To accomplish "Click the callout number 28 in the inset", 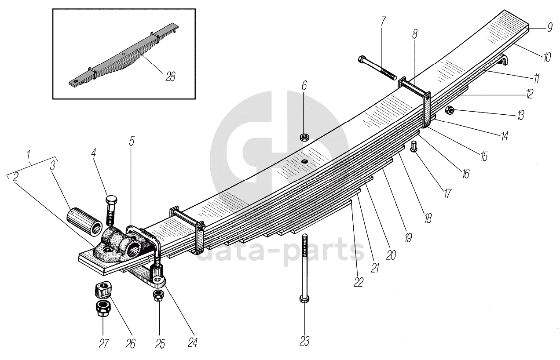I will pyautogui.click(x=170, y=76).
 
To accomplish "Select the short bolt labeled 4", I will pyautogui.click(x=110, y=210).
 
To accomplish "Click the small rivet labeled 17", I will pyautogui.click(x=414, y=146).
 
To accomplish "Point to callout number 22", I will pyautogui.click(x=359, y=281).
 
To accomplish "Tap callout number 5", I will pyautogui.click(x=132, y=142).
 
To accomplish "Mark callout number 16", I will pyautogui.click(x=465, y=174).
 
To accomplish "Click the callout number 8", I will pyautogui.click(x=415, y=34).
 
